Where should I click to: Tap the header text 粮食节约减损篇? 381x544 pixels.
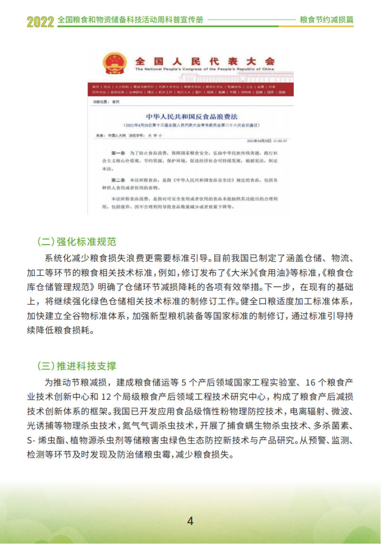coord(327,20)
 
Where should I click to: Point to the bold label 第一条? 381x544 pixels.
coord(118,154)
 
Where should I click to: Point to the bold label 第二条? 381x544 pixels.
coord(118,181)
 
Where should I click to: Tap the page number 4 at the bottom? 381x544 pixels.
coord(190,521)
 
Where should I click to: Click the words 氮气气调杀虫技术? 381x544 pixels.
coord(158,425)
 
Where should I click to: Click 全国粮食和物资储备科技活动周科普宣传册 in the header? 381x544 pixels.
coord(130,20)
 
